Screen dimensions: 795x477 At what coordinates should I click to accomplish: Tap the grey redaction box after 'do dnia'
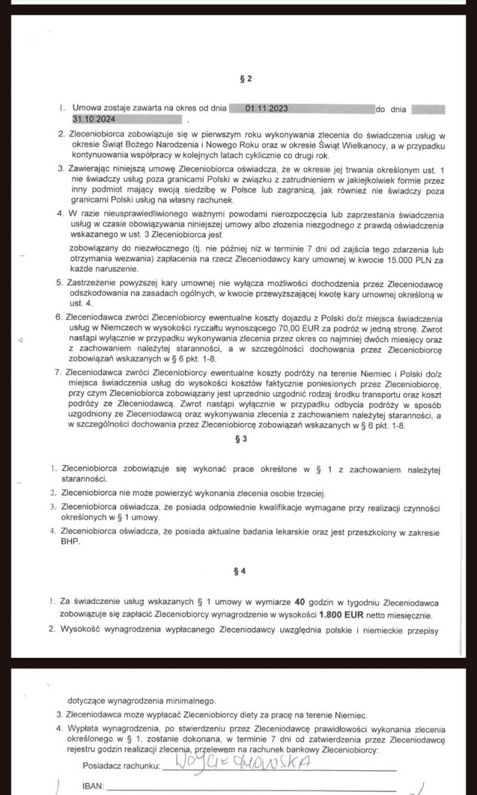[428, 109]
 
